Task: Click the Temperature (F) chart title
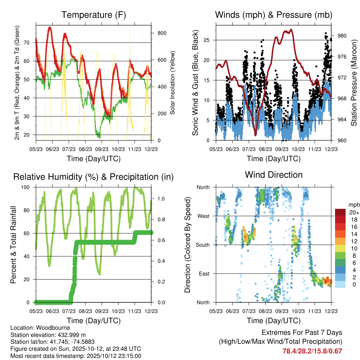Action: click(94, 15)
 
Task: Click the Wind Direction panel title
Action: click(274, 174)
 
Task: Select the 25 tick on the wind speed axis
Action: click(207, 40)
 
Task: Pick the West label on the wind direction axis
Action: click(203, 216)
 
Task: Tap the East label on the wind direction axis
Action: click(204, 274)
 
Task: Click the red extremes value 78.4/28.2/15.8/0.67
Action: click(312, 351)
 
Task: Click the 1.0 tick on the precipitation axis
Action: click(160, 199)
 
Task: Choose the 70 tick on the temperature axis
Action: click(29, 43)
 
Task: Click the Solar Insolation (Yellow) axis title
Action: click(173, 83)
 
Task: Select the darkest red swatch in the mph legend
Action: click(340, 212)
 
